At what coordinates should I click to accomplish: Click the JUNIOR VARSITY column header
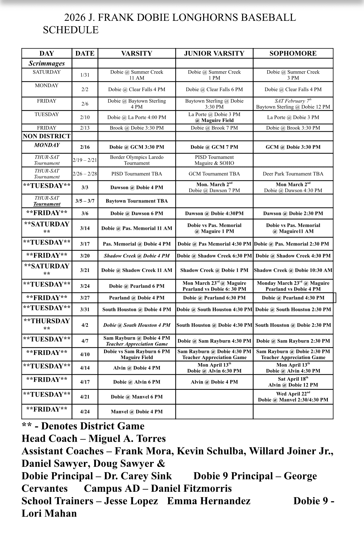214,53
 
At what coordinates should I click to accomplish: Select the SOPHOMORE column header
293,53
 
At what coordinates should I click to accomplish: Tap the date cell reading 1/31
85,75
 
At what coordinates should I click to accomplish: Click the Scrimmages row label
47,63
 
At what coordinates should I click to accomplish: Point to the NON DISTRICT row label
47,136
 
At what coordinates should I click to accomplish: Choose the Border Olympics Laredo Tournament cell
137,160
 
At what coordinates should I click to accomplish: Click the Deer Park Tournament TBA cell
293,174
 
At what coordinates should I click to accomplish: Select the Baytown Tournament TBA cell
137,201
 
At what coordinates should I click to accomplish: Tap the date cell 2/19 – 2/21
85,160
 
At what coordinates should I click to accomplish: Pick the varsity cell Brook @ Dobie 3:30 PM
137,128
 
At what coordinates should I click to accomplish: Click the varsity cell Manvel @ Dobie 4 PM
137,412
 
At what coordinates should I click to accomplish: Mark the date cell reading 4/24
85,412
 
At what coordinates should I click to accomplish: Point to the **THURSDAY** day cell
47,324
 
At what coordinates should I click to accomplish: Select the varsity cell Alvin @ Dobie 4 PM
137,368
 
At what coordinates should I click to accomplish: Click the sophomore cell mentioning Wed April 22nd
293,397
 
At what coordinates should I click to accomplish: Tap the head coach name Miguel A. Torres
127,438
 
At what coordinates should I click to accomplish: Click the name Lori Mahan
49,513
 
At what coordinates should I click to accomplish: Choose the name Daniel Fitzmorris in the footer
191,488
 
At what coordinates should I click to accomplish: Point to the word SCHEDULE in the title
71,30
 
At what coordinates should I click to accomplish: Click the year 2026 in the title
75,17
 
